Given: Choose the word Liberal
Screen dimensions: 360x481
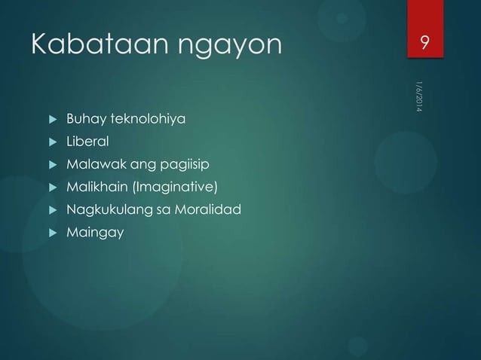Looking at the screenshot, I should (x=87, y=141).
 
